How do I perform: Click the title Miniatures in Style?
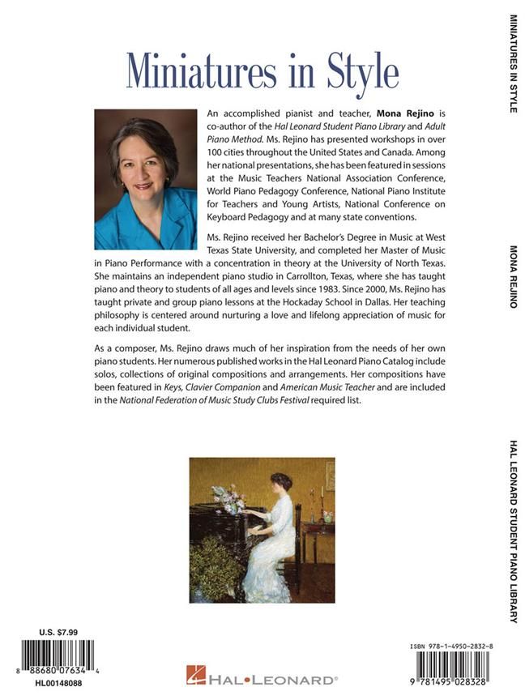point(262,73)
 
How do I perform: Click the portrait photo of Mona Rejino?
point(146,179)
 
